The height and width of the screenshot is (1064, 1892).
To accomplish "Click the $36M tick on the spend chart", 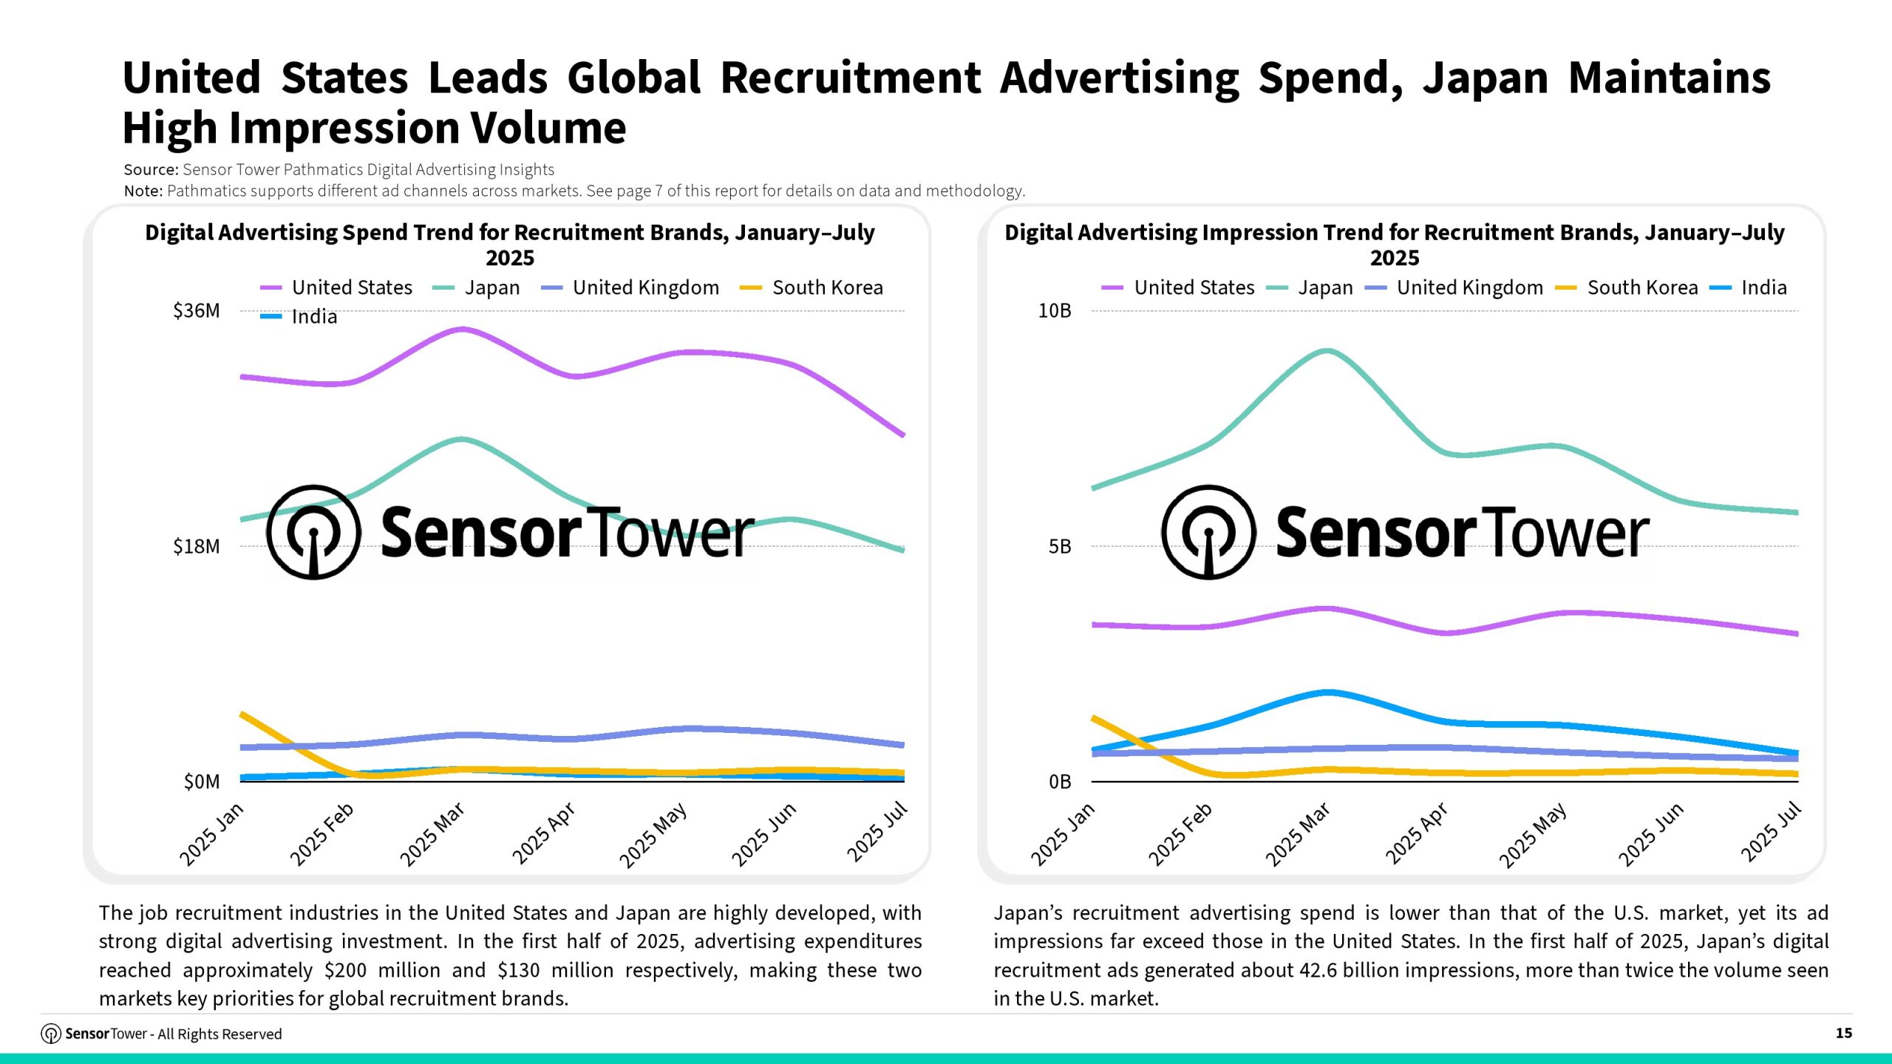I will pos(197,311).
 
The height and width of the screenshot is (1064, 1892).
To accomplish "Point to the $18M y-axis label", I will pos(197,547).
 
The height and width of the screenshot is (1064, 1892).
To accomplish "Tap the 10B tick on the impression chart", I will pos(1054,311).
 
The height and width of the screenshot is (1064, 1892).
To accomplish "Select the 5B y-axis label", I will pos(1059,547).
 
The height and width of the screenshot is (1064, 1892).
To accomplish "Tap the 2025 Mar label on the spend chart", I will pos(432,834).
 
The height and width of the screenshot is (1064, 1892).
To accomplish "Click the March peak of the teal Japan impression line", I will pos(1327,351).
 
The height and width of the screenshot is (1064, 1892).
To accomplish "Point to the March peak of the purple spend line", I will pos(462,330).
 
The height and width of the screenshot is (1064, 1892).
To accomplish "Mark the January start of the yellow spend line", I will pos(242,715).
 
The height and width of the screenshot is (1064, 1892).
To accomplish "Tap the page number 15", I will pos(1843,1033).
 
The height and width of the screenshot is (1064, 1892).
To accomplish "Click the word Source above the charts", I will pos(150,170).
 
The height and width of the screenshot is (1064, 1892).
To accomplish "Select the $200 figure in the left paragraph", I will pos(345,970).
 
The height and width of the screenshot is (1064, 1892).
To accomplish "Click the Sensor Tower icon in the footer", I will pos(51,1034).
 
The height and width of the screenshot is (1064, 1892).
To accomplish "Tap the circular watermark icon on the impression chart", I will pos(1208,532).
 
